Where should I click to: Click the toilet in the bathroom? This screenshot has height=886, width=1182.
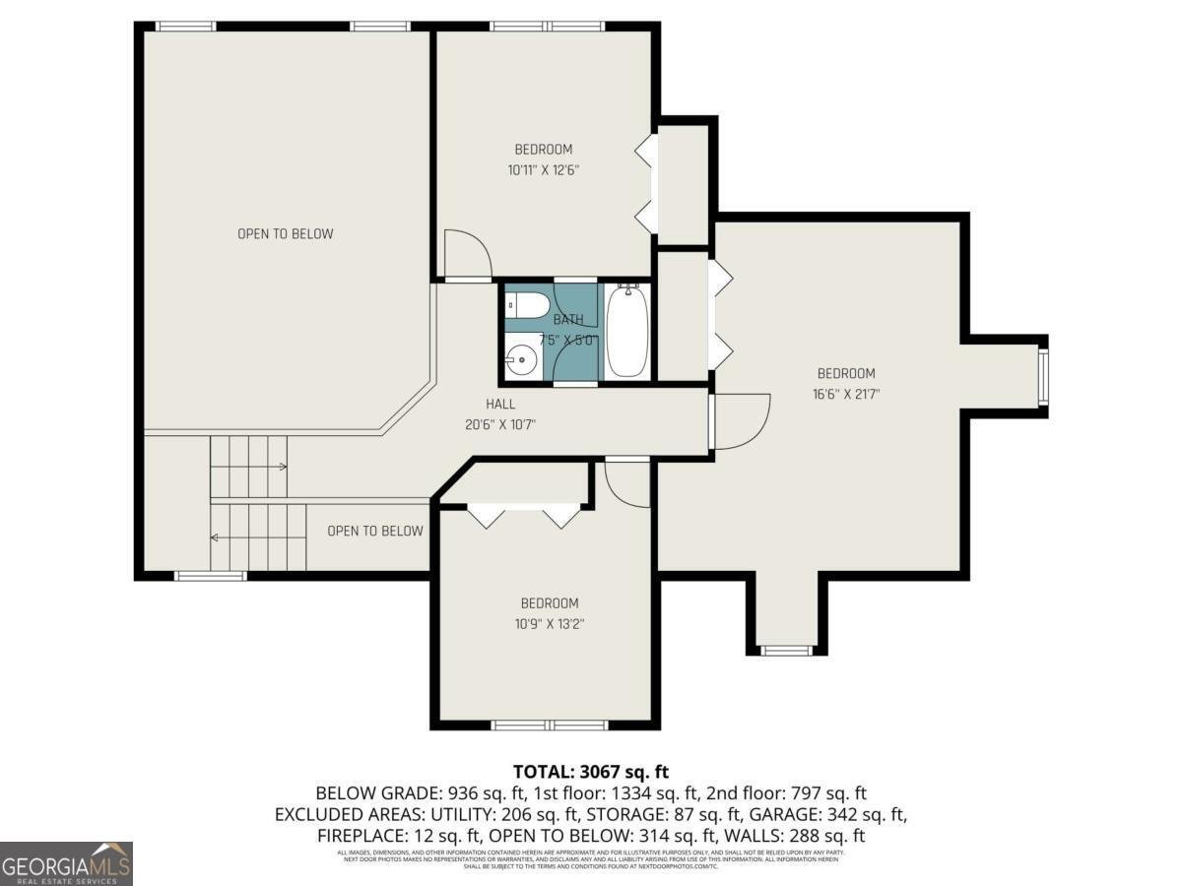coord(528,306)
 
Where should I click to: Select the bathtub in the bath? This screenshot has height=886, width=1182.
coord(625,331)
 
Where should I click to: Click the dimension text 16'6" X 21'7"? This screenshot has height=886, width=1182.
coord(845,394)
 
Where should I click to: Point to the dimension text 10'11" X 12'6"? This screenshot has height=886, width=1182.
coord(543,169)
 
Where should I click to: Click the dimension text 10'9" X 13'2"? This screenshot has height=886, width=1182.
coord(549,623)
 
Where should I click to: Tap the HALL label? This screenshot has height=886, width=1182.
coord(500,404)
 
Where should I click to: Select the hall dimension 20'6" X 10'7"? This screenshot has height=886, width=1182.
coord(500,424)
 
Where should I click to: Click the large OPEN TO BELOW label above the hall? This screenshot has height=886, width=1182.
coord(285,233)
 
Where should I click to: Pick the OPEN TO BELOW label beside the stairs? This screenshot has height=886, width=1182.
coord(374,531)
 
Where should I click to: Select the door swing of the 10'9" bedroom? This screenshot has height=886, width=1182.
coord(627,483)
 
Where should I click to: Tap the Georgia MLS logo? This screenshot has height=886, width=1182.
coord(66,863)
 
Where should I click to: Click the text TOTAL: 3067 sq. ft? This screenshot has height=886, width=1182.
coord(590,771)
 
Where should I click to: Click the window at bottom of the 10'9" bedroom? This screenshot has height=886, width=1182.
coord(550,726)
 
